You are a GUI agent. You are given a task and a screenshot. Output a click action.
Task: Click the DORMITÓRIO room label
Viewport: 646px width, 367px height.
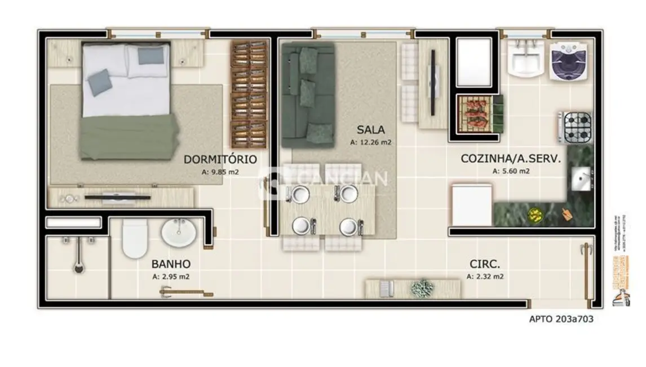tap(220, 159)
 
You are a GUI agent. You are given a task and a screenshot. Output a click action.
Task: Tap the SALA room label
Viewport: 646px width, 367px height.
tap(370, 130)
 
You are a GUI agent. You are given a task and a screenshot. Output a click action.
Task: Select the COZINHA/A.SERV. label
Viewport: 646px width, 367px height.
tap(511, 159)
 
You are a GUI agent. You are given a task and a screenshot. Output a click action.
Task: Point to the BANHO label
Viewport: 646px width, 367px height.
tap(171, 264)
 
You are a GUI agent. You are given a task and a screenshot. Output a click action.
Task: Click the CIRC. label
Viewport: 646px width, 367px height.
tap(485, 264)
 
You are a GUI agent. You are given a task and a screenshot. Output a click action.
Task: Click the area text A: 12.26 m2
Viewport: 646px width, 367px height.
tap(370, 143)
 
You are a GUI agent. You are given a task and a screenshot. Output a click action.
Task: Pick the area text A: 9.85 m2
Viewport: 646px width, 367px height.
tap(220, 172)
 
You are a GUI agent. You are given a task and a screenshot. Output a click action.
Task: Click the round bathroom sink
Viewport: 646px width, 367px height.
tap(179, 232)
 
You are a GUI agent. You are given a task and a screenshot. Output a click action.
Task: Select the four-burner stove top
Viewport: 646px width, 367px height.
tap(577, 128)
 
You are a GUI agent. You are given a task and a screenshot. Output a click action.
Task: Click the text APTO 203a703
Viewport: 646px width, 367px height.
tap(561, 318)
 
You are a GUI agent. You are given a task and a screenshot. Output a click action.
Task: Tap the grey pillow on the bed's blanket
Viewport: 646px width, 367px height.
tap(99, 82)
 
